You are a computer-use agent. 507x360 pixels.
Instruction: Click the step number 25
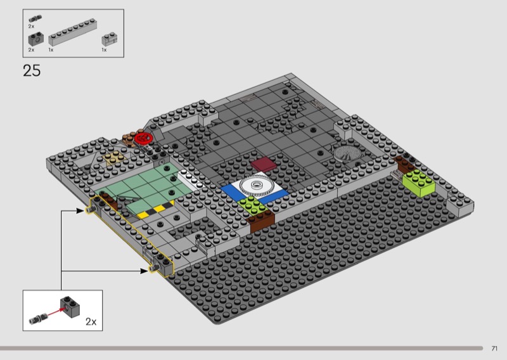[x=32, y=70]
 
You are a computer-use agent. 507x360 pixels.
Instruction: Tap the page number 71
[x=494, y=349]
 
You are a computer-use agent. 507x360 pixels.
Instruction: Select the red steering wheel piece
[x=144, y=138]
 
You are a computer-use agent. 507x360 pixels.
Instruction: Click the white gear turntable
[x=257, y=186]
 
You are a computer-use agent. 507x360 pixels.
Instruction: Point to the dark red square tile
[x=264, y=164]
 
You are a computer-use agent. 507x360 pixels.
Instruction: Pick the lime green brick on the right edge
[x=419, y=183]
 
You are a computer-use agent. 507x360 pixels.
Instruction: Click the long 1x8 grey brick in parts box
[x=73, y=32]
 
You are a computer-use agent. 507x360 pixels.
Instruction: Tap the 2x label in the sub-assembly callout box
[x=91, y=322]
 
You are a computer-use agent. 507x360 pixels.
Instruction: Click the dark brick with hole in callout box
[x=70, y=307]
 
